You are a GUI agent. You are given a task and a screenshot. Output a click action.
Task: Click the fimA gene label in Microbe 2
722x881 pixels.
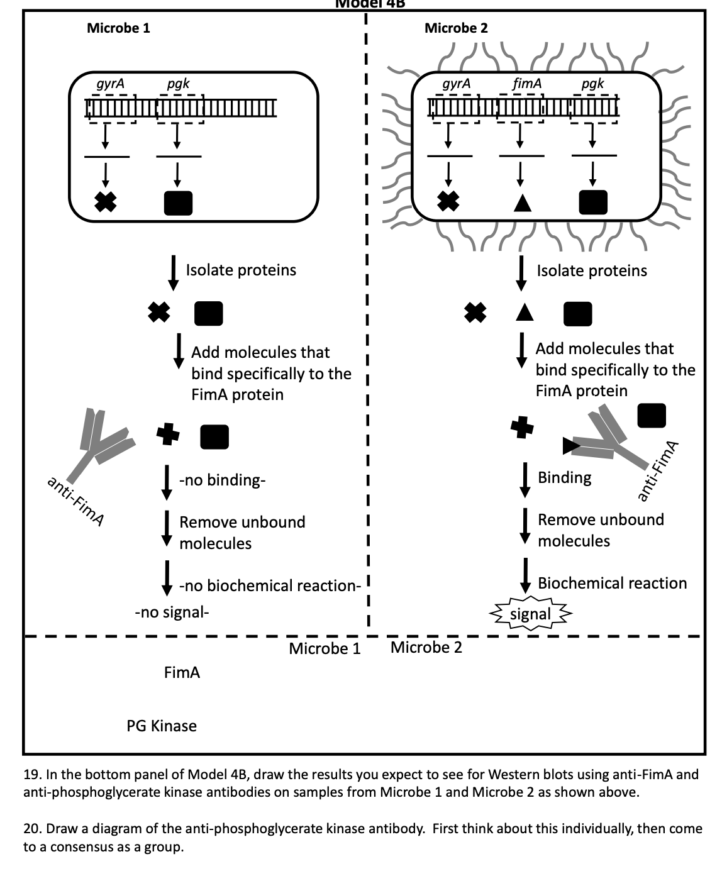point(527,84)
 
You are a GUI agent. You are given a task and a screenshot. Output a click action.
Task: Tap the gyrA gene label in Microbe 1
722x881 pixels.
point(111,84)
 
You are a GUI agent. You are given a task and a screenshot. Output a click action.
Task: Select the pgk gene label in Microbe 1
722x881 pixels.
point(178,84)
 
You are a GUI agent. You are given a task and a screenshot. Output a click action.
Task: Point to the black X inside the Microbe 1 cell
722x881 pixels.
point(106,202)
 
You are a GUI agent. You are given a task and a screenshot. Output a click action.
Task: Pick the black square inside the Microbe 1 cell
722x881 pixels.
point(178,202)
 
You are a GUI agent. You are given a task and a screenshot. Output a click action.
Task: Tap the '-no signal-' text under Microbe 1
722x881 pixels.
point(172,612)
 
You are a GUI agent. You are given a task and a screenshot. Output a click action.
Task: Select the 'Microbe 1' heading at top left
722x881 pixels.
point(118,28)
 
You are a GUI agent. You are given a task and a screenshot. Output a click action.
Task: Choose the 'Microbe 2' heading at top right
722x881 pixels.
point(456,28)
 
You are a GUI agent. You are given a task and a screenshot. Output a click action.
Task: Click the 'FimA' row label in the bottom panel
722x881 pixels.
point(182,673)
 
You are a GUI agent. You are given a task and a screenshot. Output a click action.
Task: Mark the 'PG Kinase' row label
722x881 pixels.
point(162,726)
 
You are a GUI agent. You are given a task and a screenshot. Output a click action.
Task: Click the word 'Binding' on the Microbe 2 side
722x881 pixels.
point(565,477)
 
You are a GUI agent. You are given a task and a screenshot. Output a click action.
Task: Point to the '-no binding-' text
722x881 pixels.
point(223,480)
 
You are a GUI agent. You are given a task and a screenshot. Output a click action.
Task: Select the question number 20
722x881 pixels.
point(31,829)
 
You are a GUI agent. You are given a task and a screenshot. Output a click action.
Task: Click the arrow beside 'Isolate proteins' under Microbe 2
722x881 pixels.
point(521,271)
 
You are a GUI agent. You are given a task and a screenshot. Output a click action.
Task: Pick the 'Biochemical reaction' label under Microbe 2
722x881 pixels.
point(612,583)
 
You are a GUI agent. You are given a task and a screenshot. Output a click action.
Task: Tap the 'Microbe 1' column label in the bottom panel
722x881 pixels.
point(325,648)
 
